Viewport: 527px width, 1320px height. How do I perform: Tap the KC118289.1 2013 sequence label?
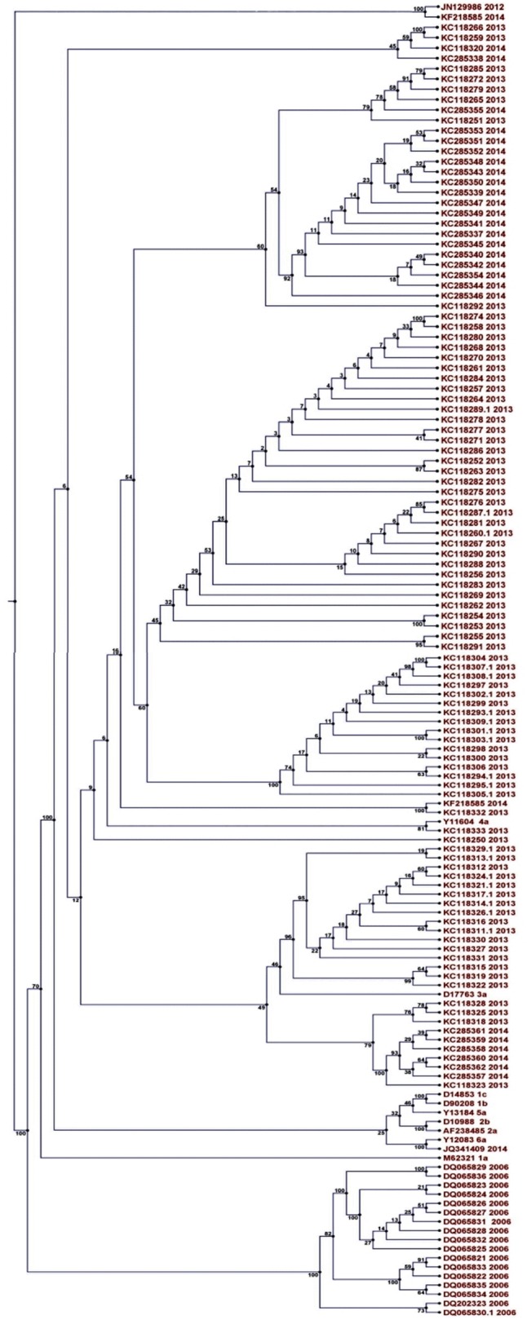[477, 408]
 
